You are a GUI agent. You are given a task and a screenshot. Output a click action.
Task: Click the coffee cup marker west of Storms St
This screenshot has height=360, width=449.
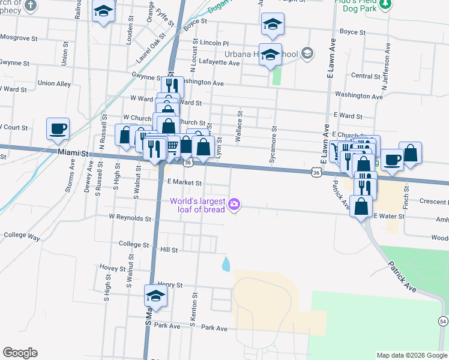(58, 129)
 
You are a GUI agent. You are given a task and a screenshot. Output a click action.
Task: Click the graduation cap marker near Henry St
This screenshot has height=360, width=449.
(156, 296)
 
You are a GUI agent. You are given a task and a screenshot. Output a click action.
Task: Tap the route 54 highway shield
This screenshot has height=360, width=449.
(443, 322)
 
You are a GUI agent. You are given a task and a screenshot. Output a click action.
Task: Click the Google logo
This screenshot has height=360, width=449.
(20, 353)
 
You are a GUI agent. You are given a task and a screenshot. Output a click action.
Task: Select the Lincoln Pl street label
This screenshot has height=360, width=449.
(215, 44)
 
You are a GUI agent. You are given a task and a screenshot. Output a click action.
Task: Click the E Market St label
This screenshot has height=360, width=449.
(184, 182)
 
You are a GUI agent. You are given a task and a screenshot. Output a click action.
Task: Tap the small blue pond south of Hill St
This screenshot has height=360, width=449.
(226, 263)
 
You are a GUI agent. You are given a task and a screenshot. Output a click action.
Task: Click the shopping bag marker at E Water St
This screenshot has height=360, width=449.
(362, 207)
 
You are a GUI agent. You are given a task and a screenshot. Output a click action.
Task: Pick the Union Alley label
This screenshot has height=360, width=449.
(54, 83)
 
